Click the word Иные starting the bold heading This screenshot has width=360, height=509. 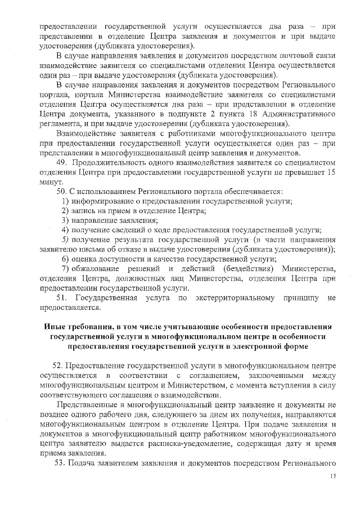(55, 327)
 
